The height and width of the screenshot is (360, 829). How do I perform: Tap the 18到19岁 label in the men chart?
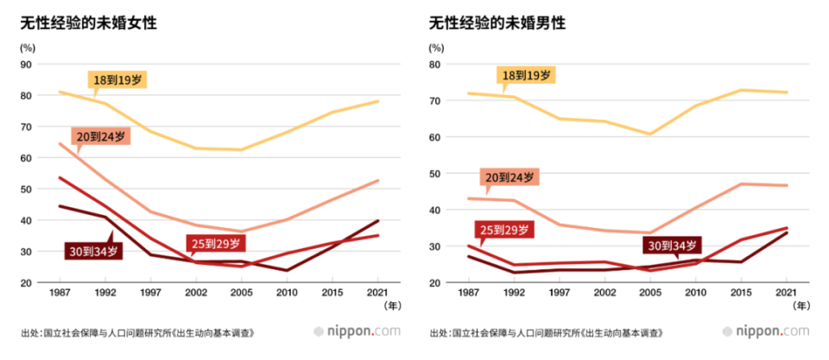point(527,76)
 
